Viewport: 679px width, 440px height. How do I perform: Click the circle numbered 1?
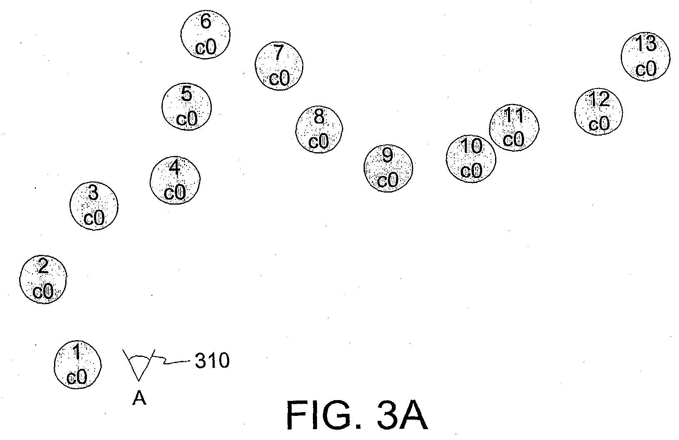(x=78, y=365)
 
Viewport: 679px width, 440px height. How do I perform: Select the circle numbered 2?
(x=43, y=279)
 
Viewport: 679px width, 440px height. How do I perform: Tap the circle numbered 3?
(x=94, y=206)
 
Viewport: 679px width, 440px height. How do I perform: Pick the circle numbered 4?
(x=175, y=180)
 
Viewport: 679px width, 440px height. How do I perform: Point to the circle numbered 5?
(x=186, y=106)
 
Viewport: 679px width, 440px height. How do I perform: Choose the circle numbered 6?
(x=205, y=34)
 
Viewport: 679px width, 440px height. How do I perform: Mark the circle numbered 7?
(x=279, y=66)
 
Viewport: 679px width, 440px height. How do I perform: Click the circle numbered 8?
(x=319, y=129)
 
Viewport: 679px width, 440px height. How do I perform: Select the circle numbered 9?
(x=388, y=168)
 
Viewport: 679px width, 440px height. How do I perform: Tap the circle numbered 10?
(x=471, y=159)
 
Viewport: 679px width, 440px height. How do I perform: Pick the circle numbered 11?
(x=514, y=128)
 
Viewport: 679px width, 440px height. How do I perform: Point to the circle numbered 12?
(x=598, y=111)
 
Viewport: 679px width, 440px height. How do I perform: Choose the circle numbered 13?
(x=645, y=57)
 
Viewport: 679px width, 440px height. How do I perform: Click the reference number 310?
(x=212, y=361)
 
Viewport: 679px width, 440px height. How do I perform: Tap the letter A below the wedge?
(x=139, y=398)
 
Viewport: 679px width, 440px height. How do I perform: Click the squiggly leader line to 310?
(x=171, y=361)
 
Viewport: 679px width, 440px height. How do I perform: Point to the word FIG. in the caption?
(x=325, y=415)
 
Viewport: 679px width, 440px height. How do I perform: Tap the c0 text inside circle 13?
(x=646, y=69)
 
